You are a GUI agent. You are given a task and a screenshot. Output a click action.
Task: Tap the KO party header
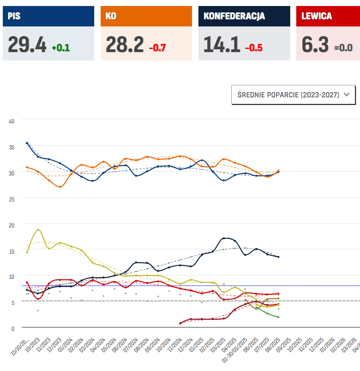click(x=111, y=16)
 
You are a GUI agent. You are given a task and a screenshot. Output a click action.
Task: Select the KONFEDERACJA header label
click(x=234, y=16)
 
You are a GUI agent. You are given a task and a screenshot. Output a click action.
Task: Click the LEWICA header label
click(x=317, y=16)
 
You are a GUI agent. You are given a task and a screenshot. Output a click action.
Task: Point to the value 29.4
click(x=27, y=44)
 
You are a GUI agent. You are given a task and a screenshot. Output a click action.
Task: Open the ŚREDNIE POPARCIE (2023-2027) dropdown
click(x=293, y=95)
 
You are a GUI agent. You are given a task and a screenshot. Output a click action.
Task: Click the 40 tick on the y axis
click(x=11, y=121)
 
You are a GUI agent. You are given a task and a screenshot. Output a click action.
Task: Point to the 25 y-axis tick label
click(x=11, y=199)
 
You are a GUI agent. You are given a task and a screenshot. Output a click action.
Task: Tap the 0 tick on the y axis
click(x=12, y=328)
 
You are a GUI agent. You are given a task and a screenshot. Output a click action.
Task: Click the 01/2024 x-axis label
click(x=66, y=345)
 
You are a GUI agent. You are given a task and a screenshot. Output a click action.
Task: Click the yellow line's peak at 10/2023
click(x=38, y=230)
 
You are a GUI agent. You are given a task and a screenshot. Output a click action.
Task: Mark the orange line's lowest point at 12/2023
click(x=60, y=187)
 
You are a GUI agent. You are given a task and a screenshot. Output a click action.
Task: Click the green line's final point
click(x=278, y=317)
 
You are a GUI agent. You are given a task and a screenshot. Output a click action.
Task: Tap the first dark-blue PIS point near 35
click(x=27, y=143)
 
